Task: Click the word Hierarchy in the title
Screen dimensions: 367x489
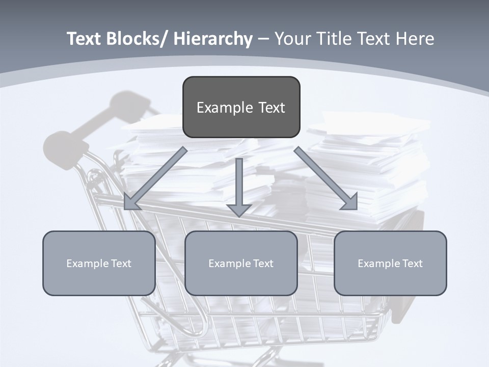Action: coord(213,39)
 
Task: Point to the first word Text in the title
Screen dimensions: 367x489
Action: coord(85,39)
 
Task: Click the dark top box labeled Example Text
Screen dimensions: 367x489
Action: coord(241,108)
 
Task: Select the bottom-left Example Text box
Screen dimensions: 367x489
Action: coord(99,264)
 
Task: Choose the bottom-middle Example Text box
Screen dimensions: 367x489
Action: coord(241,264)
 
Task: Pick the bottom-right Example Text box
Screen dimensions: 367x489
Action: coord(390,264)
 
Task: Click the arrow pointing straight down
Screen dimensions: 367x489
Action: coord(239,189)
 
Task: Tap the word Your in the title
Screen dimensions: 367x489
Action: coord(292,39)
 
